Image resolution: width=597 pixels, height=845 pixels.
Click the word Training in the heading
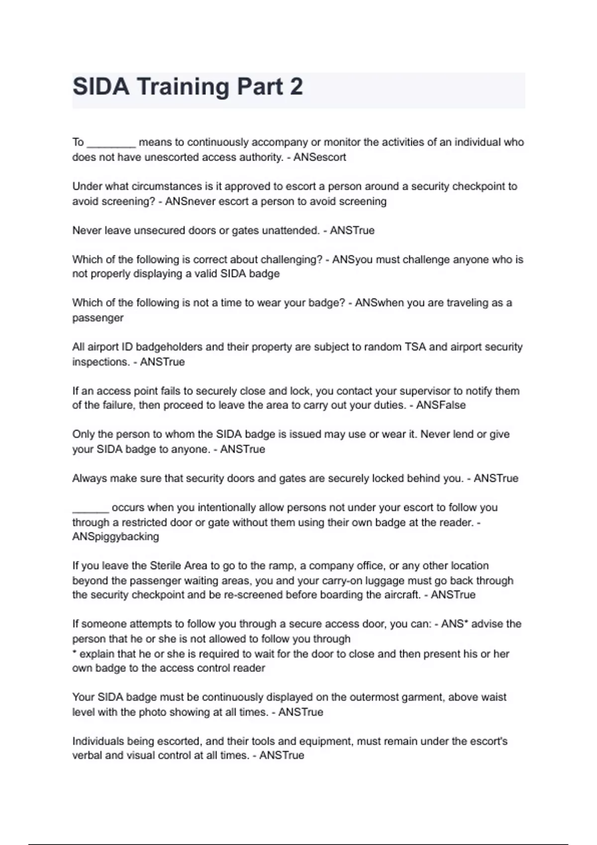183,87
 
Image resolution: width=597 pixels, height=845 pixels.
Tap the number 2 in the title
296,87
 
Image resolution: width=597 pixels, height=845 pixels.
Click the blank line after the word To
111,144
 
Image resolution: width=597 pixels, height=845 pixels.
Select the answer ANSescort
319,157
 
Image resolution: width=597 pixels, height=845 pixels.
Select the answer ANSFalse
441,405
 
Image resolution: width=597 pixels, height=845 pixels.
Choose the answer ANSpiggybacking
115,537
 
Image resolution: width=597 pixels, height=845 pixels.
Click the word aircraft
400,595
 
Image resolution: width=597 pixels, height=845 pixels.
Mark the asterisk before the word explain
75,653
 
